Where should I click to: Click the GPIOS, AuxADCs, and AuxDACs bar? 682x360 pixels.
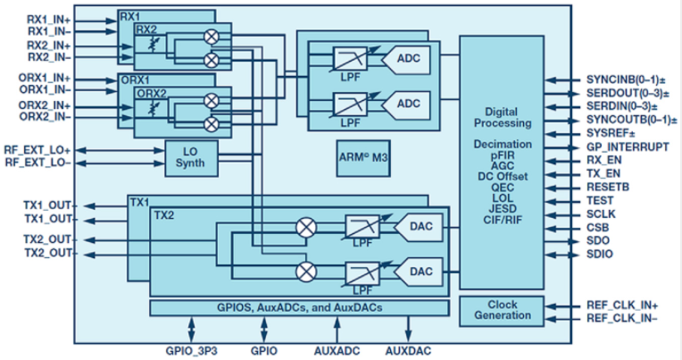pos(299,308)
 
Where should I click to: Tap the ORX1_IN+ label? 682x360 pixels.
pos(36,79)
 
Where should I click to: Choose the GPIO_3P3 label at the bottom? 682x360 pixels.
pos(190,351)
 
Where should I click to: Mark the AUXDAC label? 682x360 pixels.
pos(409,351)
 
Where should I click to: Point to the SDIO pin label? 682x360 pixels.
pos(599,255)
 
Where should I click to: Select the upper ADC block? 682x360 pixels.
pos(403,60)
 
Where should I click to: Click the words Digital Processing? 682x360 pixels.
pos(505,117)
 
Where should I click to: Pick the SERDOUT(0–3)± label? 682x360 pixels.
pos(623,92)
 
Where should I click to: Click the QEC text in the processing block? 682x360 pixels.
pos(504,189)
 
